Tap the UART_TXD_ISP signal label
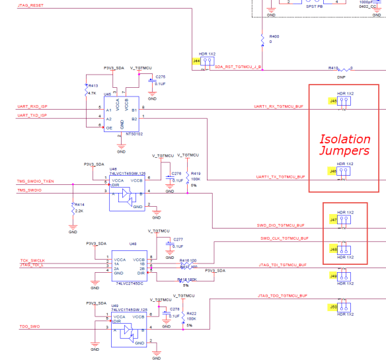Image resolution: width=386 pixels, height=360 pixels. pyautogui.click(x=32, y=115)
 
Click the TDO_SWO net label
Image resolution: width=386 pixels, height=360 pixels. pyautogui.click(x=30, y=327)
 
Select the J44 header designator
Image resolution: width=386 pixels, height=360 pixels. pyautogui.click(x=196, y=61)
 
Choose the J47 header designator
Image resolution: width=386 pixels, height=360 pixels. pyautogui.click(x=333, y=219)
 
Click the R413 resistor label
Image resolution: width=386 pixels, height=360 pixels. pyautogui.click(x=93, y=86)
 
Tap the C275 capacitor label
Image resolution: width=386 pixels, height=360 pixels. pyautogui.click(x=161, y=77)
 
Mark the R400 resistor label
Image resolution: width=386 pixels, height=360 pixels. pyautogui.click(x=274, y=36)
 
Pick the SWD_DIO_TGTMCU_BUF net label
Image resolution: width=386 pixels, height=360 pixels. pyautogui.click(x=280, y=225)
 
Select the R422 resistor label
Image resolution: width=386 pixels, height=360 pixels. pyautogui.click(x=191, y=314)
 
